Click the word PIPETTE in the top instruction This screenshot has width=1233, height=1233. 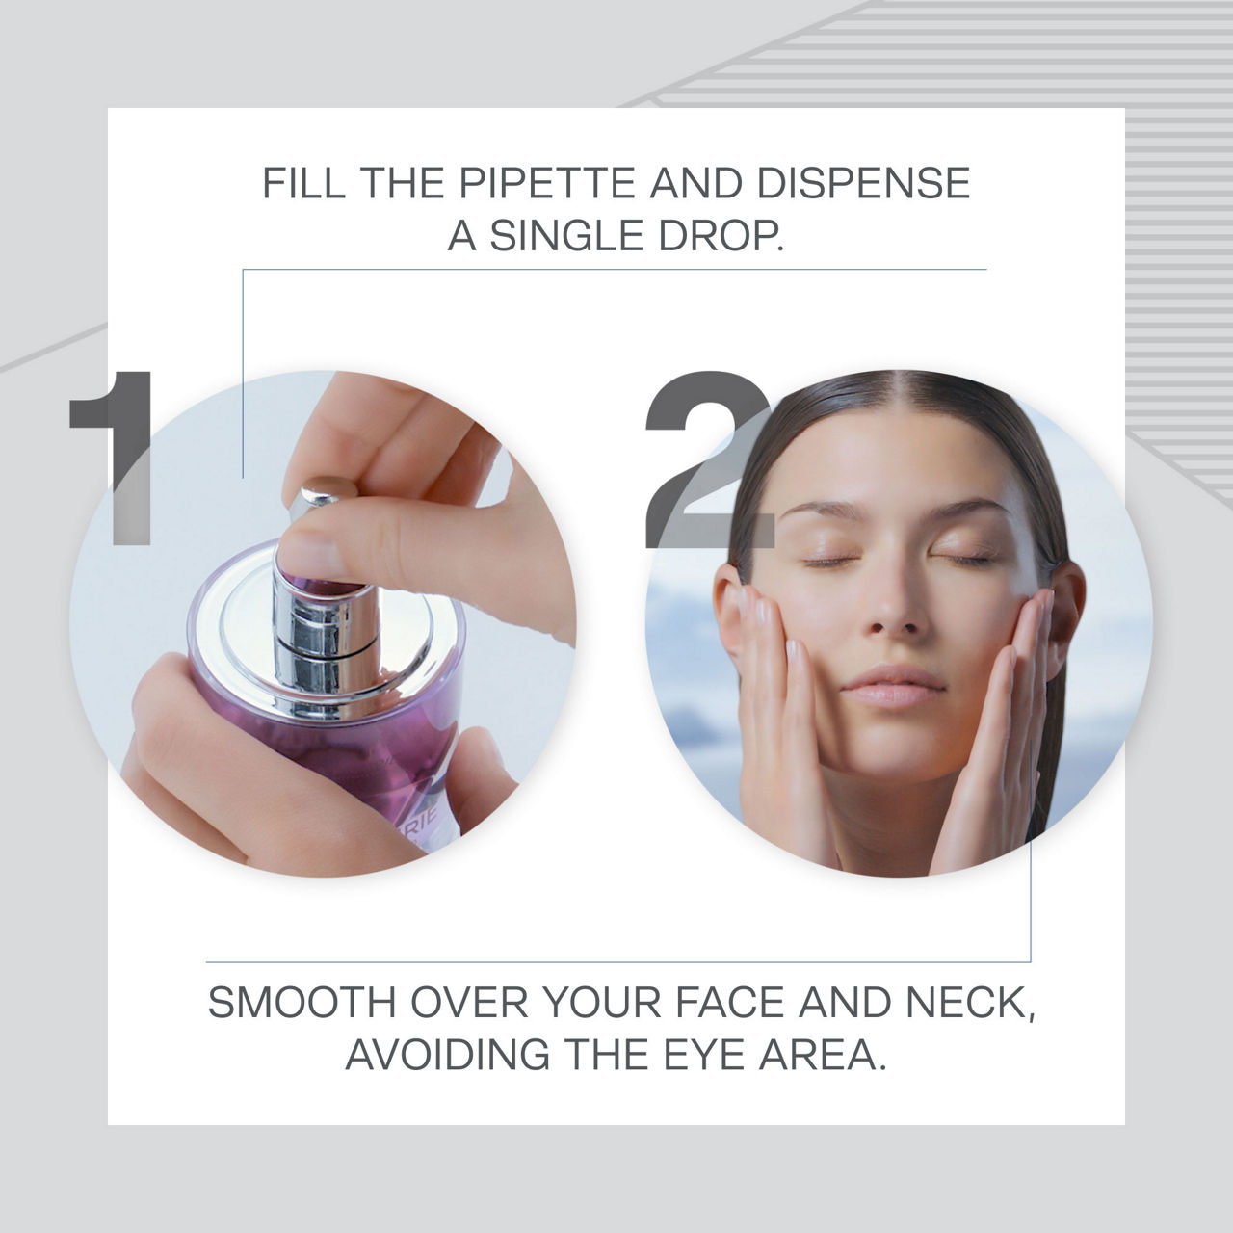[546, 183]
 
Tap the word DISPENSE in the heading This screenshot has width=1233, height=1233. [862, 183]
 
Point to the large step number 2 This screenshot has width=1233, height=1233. [709, 459]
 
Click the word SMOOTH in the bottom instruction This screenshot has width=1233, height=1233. [302, 1003]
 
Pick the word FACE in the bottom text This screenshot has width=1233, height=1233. [730, 1003]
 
